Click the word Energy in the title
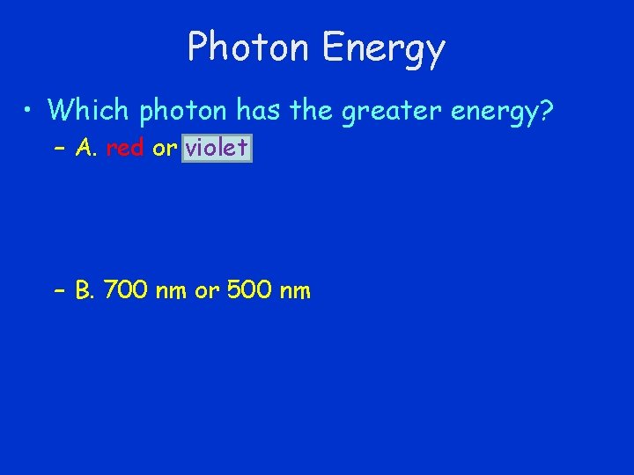[383, 49]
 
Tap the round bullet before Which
[30, 111]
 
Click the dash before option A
[59, 149]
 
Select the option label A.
[85, 149]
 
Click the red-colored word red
[124, 149]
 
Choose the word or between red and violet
[164, 149]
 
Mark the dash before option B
[59, 291]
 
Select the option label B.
[85, 291]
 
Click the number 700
[127, 291]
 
